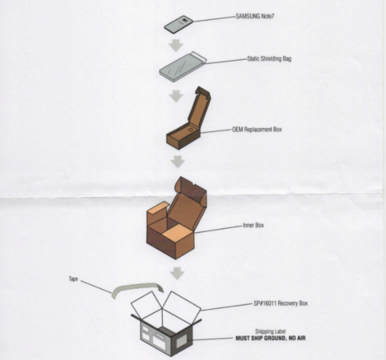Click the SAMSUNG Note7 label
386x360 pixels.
tap(255, 16)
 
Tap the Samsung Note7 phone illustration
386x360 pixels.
tap(179, 24)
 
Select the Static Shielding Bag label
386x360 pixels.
tap(269, 59)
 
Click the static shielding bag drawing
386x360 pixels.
tap(183, 67)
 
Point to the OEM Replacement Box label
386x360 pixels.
tap(257, 129)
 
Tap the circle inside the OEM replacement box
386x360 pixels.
tap(191, 129)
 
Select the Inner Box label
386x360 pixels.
tap(253, 225)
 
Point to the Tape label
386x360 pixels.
tap(73, 279)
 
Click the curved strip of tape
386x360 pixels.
tap(137, 289)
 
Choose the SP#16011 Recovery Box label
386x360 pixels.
tap(280, 303)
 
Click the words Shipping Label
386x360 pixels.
tap(270, 332)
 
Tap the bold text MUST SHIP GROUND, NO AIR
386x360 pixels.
tap(271, 338)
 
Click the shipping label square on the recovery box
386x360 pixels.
tap(182, 341)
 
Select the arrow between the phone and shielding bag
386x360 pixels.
tap(176, 45)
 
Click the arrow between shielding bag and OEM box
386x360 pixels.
tap(176, 96)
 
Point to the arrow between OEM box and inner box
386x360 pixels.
tap(178, 162)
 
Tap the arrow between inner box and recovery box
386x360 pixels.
tap(177, 273)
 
